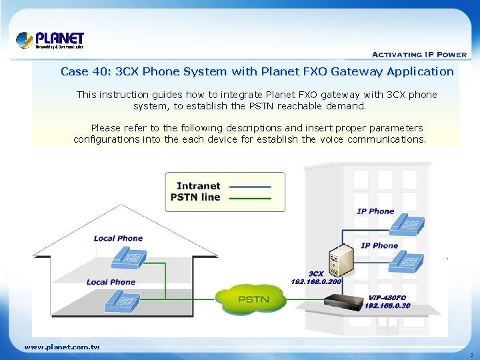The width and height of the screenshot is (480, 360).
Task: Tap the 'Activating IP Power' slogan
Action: coord(419,55)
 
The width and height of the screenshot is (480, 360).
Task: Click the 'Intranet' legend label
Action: coord(198,186)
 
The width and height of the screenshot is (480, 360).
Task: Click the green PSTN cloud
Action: coord(254,299)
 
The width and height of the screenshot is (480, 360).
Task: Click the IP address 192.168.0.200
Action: coord(316,282)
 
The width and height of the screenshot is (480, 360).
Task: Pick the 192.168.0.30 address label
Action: coord(387,306)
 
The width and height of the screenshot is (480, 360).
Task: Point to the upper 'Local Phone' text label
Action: coord(118,239)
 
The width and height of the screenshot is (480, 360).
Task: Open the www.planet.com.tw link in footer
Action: coord(62,347)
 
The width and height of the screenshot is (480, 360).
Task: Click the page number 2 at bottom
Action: coord(471,355)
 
